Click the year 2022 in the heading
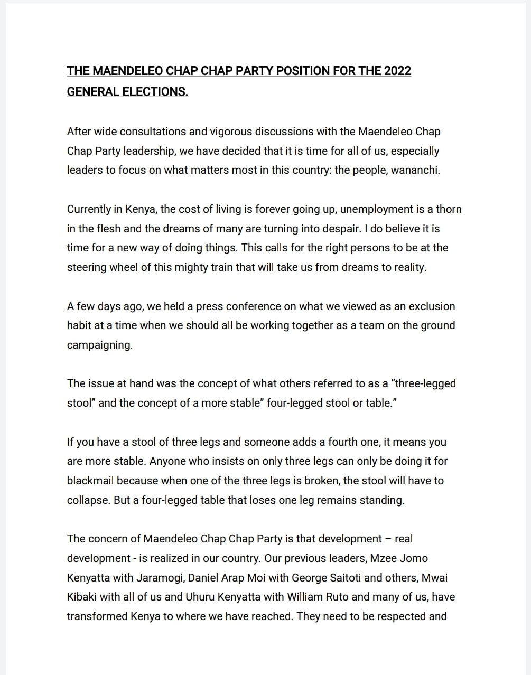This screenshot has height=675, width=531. coord(397,71)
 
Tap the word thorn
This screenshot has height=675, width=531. coord(449,209)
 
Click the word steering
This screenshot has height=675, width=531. coord(87,267)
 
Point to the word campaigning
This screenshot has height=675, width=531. coord(99,345)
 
